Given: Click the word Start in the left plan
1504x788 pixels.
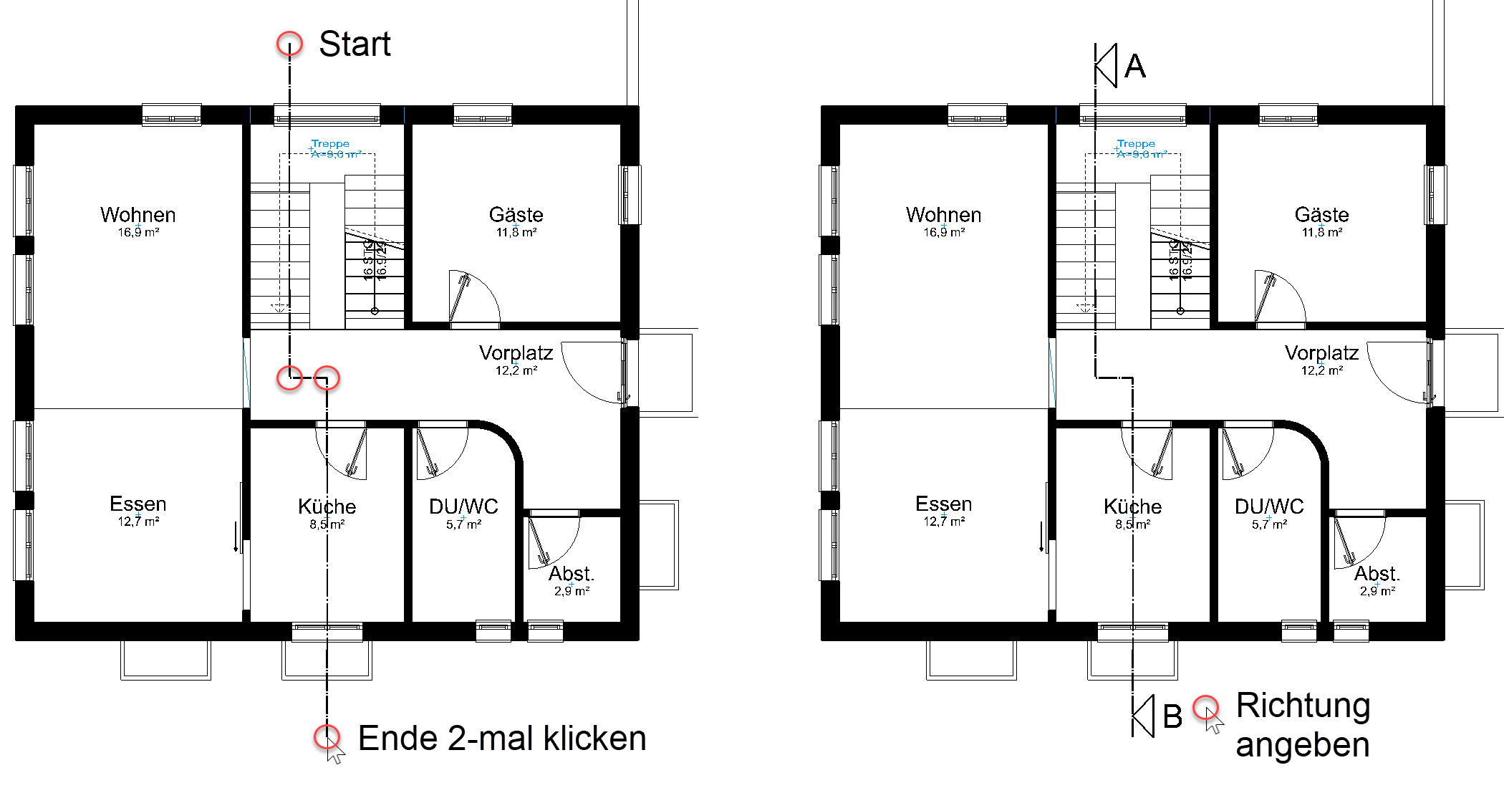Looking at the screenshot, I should [x=355, y=44].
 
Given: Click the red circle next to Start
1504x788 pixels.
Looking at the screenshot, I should [x=289, y=44].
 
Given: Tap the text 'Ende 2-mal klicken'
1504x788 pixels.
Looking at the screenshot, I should [x=501, y=739].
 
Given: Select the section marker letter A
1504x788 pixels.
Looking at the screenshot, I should [x=1135, y=67].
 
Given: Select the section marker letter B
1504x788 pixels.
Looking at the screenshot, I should [x=1172, y=716].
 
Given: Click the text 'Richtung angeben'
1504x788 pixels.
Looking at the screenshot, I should [x=1303, y=725].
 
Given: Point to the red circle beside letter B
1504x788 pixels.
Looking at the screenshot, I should [x=1206, y=707].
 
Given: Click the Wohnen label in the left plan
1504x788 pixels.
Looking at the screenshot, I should [x=138, y=215].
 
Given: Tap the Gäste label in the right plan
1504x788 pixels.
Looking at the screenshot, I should [x=1321, y=215].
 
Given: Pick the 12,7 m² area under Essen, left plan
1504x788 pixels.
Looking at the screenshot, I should [x=138, y=522].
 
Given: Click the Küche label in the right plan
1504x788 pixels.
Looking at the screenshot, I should [x=1132, y=506].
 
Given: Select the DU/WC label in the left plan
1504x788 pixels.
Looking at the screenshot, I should [x=463, y=506].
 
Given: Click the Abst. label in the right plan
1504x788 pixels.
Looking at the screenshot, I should [x=1377, y=574].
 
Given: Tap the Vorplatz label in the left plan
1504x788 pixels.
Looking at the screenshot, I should [x=516, y=353].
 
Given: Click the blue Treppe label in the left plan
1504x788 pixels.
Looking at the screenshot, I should [x=330, y=144].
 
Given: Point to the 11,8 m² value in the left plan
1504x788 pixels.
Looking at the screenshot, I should [x=516, y=232].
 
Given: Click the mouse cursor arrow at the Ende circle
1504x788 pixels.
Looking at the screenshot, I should [x=334, y=754].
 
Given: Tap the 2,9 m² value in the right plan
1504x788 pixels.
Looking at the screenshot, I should [x=1377, y=591].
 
